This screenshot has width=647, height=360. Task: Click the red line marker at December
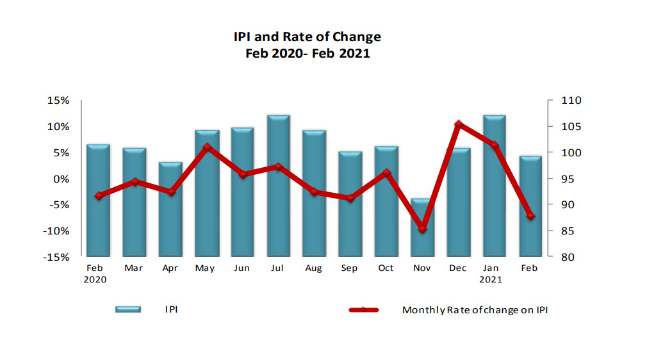[458, 124]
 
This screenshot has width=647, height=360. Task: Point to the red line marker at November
[422, 228]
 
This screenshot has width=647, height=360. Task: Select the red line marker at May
[206, 147]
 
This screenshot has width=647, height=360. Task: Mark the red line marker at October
[386, 173]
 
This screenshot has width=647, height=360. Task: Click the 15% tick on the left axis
[58, 101]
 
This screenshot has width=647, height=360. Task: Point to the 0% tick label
[61, 179]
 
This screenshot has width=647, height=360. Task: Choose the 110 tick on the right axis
[571, 101]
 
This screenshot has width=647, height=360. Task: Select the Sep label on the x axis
[349, 268]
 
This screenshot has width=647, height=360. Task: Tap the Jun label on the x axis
[242, 268]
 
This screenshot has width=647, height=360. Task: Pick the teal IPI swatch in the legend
[127, 309]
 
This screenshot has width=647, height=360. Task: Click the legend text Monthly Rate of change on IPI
[475, 310]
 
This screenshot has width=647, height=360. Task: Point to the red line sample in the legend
[363, 310]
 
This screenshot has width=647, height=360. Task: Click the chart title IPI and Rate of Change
[307, 37]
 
